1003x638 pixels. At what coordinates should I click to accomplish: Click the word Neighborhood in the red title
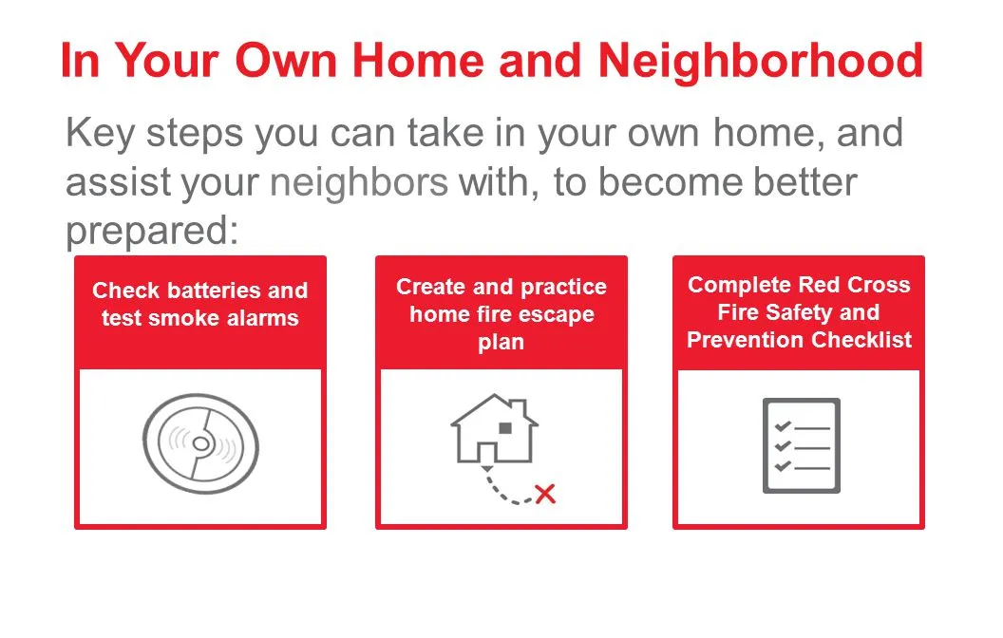pos(761,62)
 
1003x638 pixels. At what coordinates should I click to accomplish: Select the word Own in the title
pos(286,62)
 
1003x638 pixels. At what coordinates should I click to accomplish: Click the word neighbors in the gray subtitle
pos(359,182)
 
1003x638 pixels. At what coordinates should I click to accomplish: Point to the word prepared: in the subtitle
pos(152,231)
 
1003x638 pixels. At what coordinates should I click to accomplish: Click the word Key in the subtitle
pos(99,134)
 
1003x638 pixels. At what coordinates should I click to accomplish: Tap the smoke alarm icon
pos(200,443)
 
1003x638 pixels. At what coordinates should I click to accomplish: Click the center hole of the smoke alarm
pos(200,443)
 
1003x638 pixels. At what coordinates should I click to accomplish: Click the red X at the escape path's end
pos(545,494)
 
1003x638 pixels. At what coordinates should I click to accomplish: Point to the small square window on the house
pos(505,427)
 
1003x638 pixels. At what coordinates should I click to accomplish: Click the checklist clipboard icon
pos(802,445)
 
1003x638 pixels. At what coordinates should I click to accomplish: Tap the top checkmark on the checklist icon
pos(783,426)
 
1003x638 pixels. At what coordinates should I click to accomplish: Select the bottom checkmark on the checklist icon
pos(783,466)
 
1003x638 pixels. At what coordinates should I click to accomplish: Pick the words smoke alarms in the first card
pos(222,318)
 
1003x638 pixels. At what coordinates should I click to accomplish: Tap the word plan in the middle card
pos(501,342)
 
